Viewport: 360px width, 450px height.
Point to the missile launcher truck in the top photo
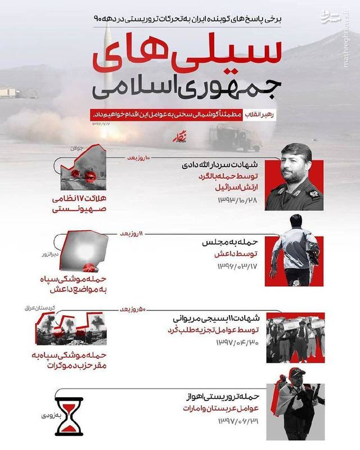[230, 137]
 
